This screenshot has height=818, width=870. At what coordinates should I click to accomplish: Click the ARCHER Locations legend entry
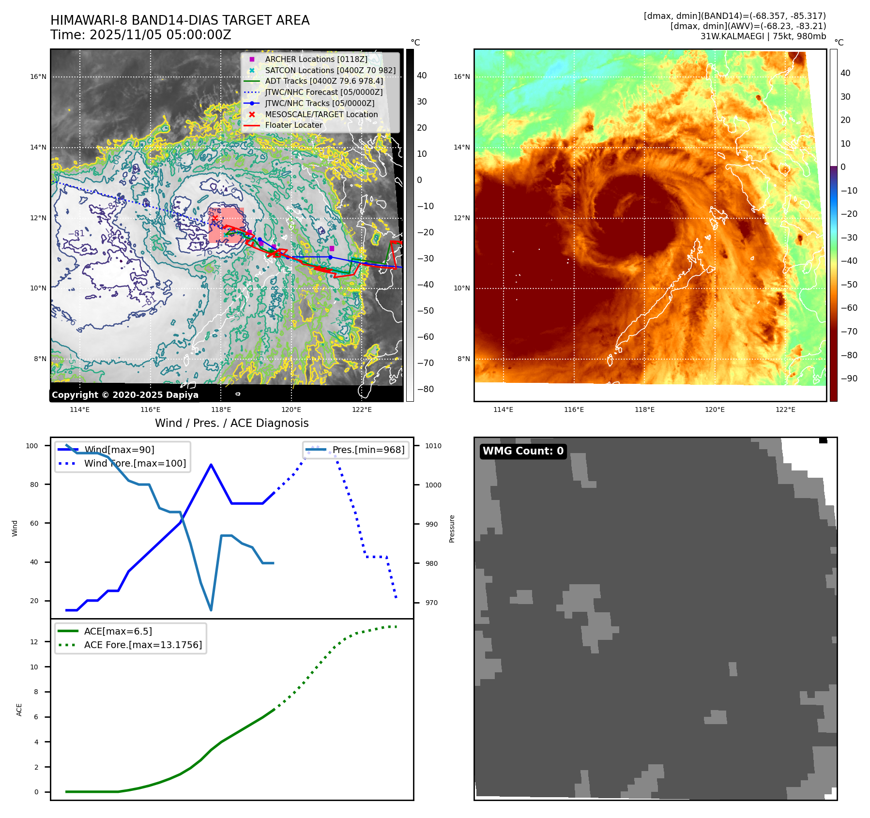[316, 59]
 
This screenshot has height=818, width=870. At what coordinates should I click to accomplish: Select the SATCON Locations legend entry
[330, 70]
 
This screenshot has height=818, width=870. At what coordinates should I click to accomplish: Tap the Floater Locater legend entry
[293, 125]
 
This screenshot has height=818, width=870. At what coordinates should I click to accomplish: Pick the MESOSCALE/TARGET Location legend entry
[321, 114]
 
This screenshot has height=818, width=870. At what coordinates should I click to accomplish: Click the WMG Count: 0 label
[523, 451]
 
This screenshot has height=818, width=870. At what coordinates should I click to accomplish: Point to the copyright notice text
[125, 395]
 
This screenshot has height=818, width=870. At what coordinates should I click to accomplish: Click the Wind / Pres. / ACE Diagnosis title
[231, 423]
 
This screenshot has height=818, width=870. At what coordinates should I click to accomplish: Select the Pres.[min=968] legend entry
[368, 450]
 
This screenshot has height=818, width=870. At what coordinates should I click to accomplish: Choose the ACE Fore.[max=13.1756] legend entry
[143, 645]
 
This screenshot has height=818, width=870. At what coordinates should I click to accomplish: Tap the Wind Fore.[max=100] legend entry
[135, 463]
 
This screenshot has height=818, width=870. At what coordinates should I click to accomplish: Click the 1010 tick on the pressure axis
[433, 446]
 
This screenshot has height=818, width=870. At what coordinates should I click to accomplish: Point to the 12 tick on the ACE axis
[34, 642]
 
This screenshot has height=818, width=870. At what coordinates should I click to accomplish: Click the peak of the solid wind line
[211, 465]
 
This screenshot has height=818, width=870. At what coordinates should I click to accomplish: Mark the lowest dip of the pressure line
[211, 610]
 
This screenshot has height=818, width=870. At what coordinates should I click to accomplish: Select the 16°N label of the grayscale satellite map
[38, 76]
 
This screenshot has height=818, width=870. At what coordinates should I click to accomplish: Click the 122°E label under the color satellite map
[785, 409]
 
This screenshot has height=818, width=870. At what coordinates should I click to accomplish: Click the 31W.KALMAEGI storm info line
[763, 36]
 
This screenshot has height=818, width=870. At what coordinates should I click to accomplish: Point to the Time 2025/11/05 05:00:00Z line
[140, 35]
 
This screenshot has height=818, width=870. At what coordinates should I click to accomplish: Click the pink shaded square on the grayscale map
[227, 225]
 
